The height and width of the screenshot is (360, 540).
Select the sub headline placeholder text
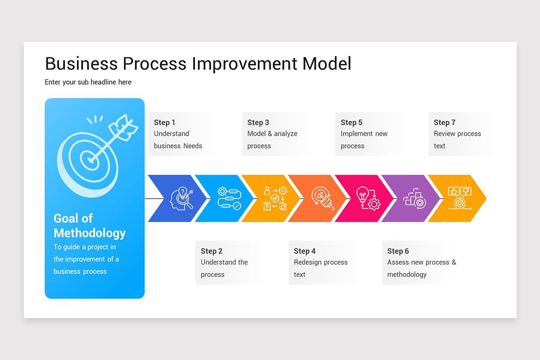(x=88, y=82)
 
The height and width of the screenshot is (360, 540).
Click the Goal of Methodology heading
(x=90, y=225)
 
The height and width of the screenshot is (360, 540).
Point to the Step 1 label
(x=164, y=122)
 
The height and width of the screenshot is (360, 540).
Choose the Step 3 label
(x=258, y=122)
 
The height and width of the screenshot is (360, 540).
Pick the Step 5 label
(x=351, y=122)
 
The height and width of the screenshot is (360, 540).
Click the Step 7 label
(x=445, y=122)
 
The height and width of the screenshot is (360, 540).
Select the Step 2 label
(x=211, y=251)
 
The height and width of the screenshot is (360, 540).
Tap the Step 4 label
(x=305, y=251)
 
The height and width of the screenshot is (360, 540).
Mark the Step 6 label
(x=398, y=251)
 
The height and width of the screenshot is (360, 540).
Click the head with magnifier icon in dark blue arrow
(x=181, y=198)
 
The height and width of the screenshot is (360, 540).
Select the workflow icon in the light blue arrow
(x=229, y=198)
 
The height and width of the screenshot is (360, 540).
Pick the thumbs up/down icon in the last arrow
(x=459, y=198)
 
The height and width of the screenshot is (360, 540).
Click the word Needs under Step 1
(x=193, y=146)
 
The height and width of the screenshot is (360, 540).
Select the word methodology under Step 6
(x=407, y=274)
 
